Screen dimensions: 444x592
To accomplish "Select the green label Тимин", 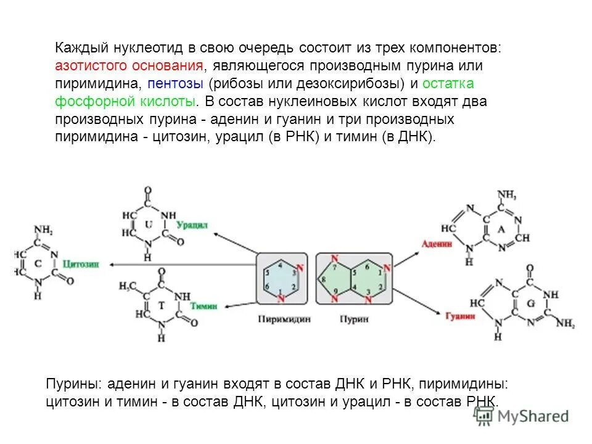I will (202, 306).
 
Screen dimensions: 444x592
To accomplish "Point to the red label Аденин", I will (437, 244).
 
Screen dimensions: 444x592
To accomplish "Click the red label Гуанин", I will (460, 316).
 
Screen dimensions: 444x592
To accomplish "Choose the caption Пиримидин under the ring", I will (283, 319).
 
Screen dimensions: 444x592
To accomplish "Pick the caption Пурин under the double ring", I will (354, 319).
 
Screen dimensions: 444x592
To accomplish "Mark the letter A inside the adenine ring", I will (501, 229).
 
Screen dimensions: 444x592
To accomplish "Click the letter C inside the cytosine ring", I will (38, 263).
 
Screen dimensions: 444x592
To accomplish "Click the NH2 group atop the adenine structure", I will (506, 195).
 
